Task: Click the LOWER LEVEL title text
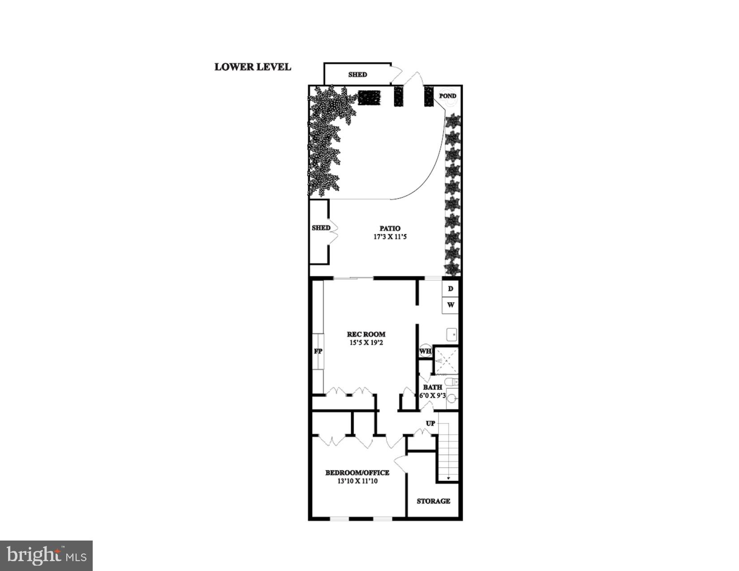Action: point(253,67)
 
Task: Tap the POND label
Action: point(447,96)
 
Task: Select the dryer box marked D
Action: point(451,289)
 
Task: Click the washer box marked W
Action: point(451,305)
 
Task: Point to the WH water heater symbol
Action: point(425,351)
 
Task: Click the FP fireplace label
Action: point(318,351)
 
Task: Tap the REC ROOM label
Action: point(366,334)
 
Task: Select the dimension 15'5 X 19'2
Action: point(366,343)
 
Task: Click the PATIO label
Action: point(390,228)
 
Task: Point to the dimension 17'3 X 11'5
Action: point(390,237)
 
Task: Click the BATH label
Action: point(432,387)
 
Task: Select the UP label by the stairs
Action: point(430,423)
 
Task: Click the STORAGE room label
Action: point(433,501)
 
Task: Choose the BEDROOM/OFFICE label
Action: point(357,473)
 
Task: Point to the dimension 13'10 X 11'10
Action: point(357,481)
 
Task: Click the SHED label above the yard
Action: point(357,75)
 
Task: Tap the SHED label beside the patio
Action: point(321,228)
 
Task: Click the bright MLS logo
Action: point(47,556)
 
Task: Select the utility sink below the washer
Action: point(451,335)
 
